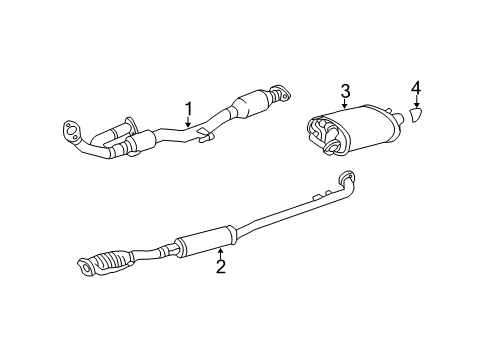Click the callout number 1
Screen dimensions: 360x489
[x=186, y=109]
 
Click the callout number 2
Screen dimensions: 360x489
[x=221, y=267]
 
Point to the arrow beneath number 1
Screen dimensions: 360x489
[x=186, y=123]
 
